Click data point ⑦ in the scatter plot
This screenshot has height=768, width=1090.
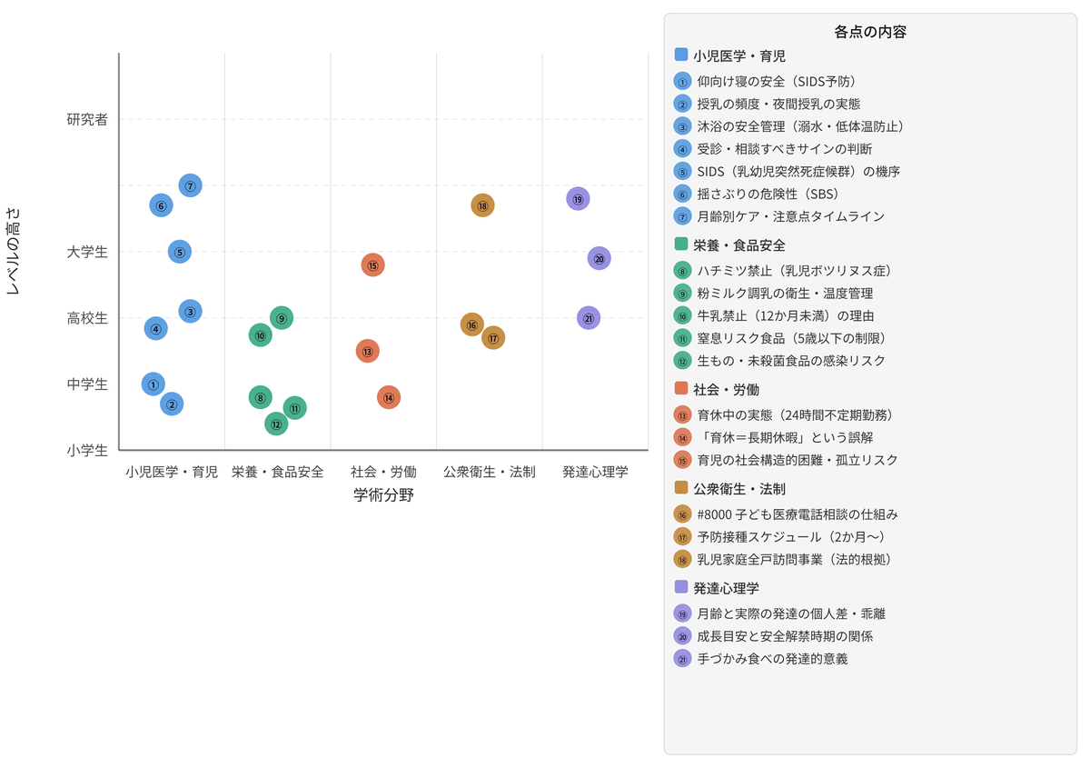click(x=190, y=185)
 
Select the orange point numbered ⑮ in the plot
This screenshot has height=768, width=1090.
click(x=372, y=265)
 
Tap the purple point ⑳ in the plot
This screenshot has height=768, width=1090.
click(x=599, y=259)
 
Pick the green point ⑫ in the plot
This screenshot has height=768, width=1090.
click(x=276, y=424)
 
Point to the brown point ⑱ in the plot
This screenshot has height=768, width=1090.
click(x=482, y=205)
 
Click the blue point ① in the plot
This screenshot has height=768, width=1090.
click(x=154, y=384)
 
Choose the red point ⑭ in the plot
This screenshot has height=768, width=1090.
click(x=389, y=398)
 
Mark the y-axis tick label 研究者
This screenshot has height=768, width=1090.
click(x=87, y=119)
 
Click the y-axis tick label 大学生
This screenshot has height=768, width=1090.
click(x=87, y=252)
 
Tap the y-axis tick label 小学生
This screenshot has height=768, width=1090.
click(x=87, y=451)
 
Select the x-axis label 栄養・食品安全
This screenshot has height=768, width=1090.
click(x=277, y=472)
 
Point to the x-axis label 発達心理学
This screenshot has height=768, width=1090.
click(x=595, y=472)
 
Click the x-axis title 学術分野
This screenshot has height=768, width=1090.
click(x=383, y=495)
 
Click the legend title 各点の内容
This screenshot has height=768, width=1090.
click(x=870, y=32)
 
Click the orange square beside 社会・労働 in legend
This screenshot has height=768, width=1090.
click(x=681, y=388)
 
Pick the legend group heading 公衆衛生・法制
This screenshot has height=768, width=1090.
click(x=739, y=489)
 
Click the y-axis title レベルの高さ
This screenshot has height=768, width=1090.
click(x=13, y=251)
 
